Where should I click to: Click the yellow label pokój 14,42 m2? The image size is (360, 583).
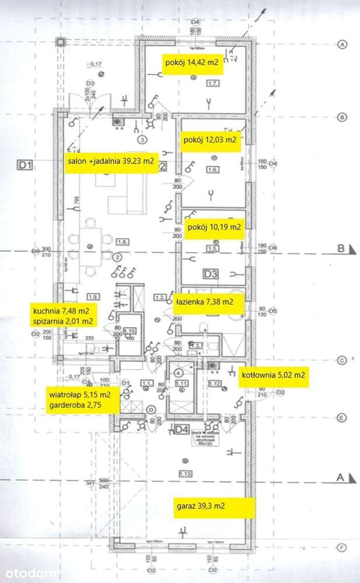[x=193, y=65]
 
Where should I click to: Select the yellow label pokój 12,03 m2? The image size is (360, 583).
[x=210, y=141]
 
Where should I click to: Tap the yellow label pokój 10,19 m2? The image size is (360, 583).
[x=214, y=226]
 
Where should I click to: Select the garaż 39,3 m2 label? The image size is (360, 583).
[x=214, y=507]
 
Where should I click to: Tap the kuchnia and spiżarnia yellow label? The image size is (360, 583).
[x=62, y=315]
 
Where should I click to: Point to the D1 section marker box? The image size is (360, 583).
[x=24, y=166]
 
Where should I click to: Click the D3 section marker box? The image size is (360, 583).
[x=211, y=273]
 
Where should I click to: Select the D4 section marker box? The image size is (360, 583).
[x=182, y=430]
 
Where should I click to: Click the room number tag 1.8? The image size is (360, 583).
[x=123, y=241]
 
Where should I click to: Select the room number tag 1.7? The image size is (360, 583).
[x=212, y=84]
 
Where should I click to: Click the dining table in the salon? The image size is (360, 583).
[x=91, y=245]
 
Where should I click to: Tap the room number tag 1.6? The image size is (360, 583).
[x=212, y=170]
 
